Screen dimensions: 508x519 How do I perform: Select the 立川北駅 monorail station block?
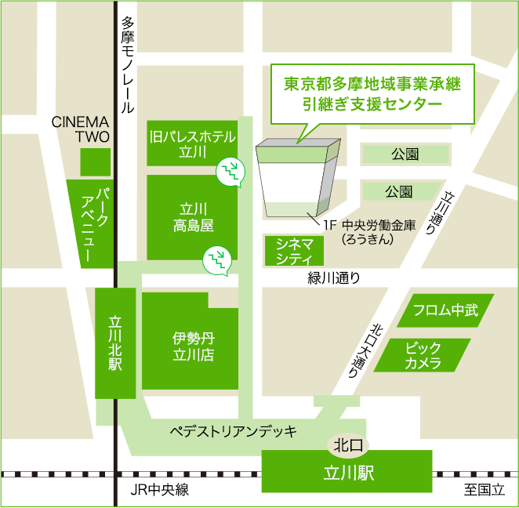pos(115,343)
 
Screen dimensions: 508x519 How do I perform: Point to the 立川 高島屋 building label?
pos(193,217)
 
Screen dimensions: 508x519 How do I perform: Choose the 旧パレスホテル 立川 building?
pos(192,143)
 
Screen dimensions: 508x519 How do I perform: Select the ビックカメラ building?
pos(423,355)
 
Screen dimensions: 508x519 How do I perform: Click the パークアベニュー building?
pos(89,223)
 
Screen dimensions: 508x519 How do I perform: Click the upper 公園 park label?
pos(405,154)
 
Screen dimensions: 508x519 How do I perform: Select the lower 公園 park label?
pos(399,191)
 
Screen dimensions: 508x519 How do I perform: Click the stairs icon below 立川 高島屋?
pos(217,259)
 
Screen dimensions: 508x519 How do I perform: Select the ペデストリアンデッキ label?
pos(233,430)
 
